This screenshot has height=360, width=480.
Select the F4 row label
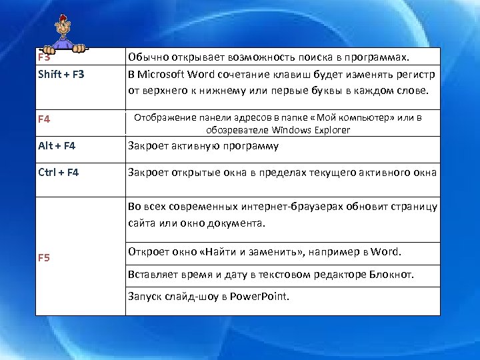point(45,120)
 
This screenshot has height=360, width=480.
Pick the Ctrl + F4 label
point(59,173)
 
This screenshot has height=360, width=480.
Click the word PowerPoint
point(260,297)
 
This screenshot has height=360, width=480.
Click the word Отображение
point(163,119)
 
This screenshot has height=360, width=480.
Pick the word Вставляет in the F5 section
point(152,275)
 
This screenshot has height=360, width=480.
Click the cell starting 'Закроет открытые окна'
point(282,173)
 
